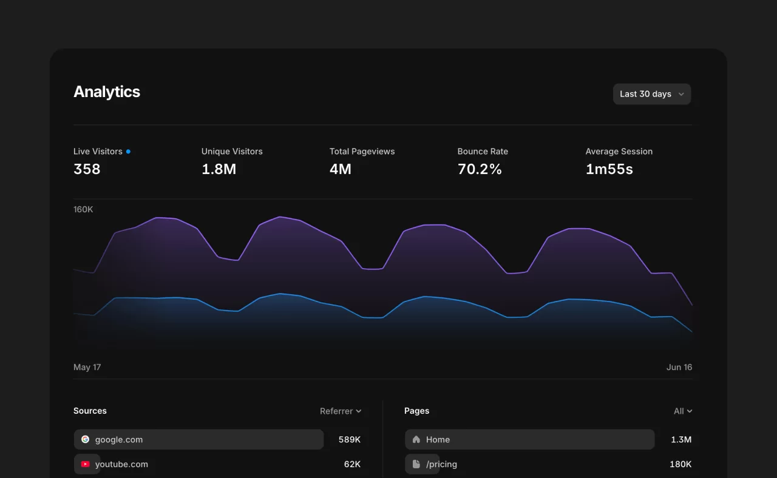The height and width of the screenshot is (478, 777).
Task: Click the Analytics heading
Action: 107,92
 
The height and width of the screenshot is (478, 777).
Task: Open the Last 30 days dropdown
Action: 651,94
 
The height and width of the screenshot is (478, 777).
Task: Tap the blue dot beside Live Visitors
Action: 128,151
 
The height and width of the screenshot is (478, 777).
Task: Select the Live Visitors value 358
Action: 87,169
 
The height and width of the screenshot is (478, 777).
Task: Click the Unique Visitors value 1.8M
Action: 219,169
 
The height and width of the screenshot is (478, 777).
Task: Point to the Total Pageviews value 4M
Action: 341,169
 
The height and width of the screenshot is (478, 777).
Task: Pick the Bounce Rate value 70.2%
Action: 480,169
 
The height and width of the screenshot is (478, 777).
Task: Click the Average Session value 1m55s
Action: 609,169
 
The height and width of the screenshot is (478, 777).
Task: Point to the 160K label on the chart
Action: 83,209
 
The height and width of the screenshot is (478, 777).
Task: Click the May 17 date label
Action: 87,367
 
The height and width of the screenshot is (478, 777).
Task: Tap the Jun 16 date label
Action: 679,367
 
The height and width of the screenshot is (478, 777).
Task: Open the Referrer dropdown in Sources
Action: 341,411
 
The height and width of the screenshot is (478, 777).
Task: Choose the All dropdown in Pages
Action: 683,411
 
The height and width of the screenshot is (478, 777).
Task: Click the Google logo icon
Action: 85,439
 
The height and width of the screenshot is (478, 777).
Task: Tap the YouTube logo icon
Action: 85,464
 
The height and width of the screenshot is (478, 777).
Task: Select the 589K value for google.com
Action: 350,439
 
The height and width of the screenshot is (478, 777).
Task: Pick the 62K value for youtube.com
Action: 352,464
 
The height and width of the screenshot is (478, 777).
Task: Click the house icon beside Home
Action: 416,439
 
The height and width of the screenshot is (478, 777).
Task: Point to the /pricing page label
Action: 441,464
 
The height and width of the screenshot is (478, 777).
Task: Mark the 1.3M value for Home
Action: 681,439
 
